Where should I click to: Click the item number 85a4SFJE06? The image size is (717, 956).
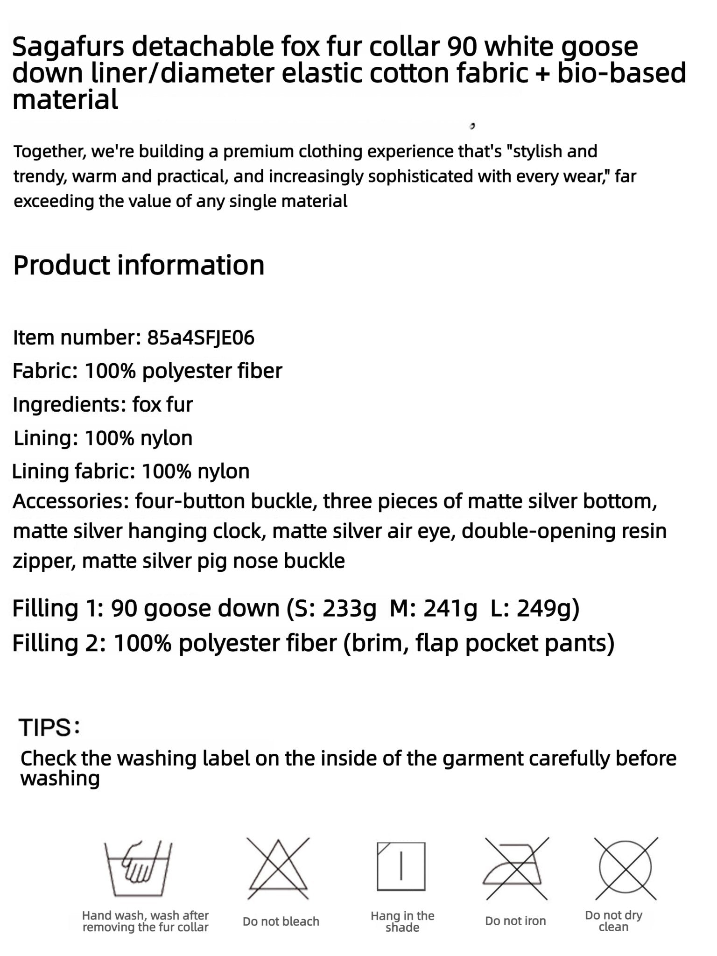pyautogui.click(x=200, y=337)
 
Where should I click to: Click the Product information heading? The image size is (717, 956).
pyautogui.click(x=139, y=265)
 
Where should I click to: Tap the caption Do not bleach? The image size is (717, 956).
pyautogui.click(x=281, y=921)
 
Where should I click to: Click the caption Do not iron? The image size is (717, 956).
pyautogui.click(x=515, y=921)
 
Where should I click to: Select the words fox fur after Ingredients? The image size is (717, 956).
pyautogui.click(x=162, y=405)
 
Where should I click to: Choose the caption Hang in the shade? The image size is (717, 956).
pyautogui.click(x=402, y=921)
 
